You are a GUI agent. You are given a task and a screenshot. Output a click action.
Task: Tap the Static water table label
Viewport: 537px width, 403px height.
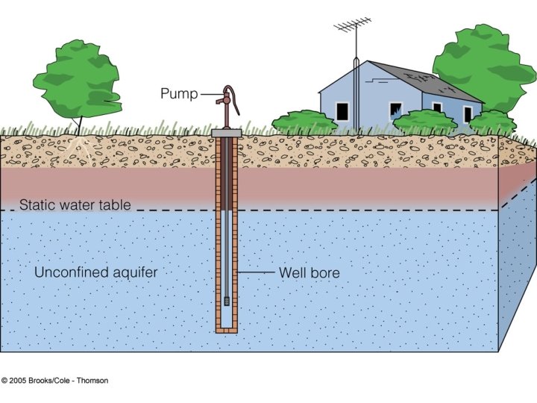tap(75, 204)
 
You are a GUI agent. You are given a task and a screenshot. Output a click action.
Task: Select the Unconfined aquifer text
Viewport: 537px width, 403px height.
tap(95, 272)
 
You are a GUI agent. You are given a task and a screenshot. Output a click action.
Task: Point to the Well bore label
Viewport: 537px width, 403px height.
tap(309, 273)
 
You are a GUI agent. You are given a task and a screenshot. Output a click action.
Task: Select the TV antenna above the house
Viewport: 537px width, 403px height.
tap(352, 29)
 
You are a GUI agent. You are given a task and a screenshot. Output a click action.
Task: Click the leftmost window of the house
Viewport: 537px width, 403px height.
tap(342, 110)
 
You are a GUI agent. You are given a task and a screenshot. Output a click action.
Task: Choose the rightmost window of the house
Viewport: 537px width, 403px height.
tap(468, 113)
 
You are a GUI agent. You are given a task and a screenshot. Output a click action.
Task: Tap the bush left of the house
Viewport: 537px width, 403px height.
tap(304, 122)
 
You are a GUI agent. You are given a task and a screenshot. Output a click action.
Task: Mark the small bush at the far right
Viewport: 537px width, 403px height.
tap(492, 122)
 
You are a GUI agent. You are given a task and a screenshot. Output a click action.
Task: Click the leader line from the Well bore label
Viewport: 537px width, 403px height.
tap(257, 273)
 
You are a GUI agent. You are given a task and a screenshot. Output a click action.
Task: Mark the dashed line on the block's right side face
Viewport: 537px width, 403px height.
tap(517, 196)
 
